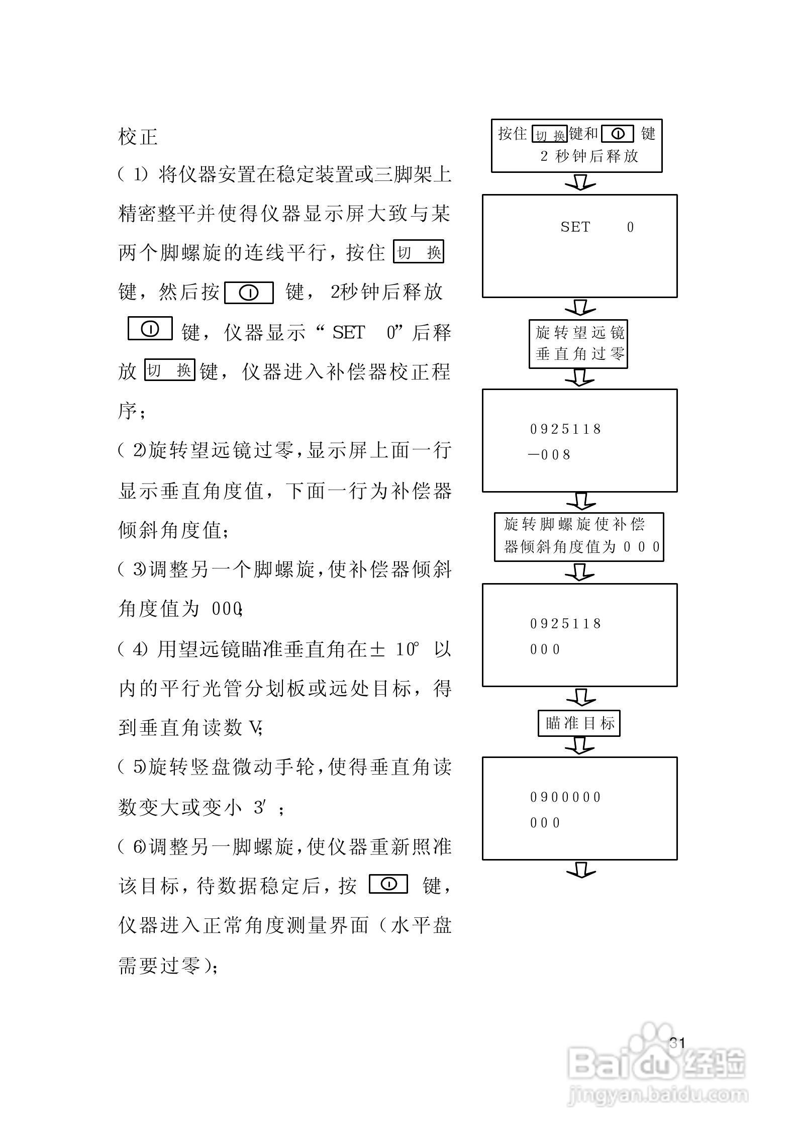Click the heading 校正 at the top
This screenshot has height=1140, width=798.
tap(138, 137)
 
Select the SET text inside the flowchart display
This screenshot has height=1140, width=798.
tap(575, 227)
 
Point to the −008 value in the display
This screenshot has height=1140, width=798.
tap(550, 455)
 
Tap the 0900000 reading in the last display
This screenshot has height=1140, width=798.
tap(566, 797)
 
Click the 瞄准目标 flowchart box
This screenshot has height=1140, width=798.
tap(579, 723)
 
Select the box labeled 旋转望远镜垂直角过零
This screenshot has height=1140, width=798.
tap(578, 344)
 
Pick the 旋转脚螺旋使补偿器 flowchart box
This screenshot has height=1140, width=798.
tap(579, 537)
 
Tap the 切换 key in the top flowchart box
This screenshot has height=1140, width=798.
tap(550, 135)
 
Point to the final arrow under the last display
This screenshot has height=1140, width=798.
tap(580, 870)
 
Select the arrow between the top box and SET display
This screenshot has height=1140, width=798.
tap(580, 182)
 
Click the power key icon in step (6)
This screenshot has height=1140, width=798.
tap(388, 884)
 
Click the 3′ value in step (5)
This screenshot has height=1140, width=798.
tap(261, 808)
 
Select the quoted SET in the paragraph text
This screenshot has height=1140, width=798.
tap(348, 332)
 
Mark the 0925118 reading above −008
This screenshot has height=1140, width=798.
tap(566, 429)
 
